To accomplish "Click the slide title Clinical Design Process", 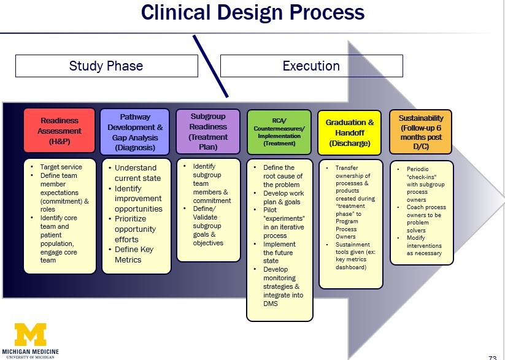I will click(252, 12).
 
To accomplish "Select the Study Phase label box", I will click(106, 66).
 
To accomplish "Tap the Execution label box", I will click(311, 66).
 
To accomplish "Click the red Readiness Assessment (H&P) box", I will click(60, 131).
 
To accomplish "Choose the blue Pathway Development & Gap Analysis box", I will click(135, 131).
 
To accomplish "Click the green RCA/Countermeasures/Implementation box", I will click(279, 131).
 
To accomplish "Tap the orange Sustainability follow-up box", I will click(421, 131).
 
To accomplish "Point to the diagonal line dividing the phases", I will click(210, 66).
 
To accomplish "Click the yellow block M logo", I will click(31, 334).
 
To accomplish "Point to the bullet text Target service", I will click(61, 167).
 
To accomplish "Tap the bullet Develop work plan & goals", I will click(283, 197).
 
